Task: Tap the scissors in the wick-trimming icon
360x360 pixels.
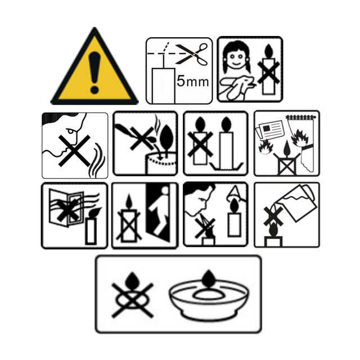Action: pos(192,54)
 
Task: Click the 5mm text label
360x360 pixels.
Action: pos(192,81)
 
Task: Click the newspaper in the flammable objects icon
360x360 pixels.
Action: pos(270,129)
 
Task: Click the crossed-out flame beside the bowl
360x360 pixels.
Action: pos(132,295)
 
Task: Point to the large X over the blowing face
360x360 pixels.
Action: pos(74,150)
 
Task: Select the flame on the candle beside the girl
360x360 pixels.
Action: pos(269,51)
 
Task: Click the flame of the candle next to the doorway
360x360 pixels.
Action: pos(129,201)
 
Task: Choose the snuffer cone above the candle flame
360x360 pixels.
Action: pos(235,193)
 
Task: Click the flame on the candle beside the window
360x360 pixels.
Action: pos(95,212)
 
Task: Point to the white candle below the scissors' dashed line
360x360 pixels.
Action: pos(164,85)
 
